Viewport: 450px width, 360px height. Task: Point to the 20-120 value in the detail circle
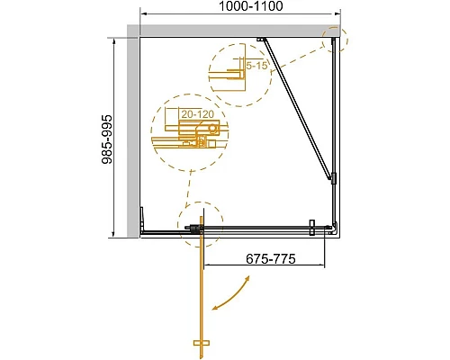pos(198,114)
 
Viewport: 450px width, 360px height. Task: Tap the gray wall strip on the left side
pos(130,135)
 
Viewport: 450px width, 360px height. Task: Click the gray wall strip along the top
pos(234,31)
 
